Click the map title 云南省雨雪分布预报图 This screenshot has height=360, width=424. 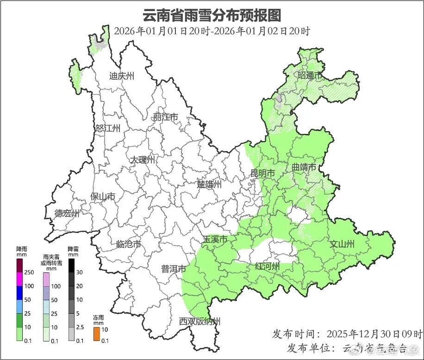coord(212,15)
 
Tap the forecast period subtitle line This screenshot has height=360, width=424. coord(212,31)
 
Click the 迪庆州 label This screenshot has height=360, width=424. coord(122,76)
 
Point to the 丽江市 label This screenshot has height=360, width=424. coord(166,118)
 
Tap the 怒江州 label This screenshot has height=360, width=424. coord(108,128)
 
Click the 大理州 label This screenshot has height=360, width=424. coord(143,160)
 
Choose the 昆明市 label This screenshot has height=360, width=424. coord(262,173)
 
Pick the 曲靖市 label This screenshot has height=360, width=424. coord(304,167)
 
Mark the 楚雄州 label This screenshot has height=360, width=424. coord(209,184)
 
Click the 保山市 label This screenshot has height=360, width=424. coord(103,197)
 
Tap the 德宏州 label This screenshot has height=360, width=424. coord(67,214)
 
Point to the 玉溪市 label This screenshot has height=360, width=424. coord(215,240)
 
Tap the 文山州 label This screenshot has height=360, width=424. coord(342,244)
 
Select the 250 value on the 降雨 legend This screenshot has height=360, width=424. coord(29,272)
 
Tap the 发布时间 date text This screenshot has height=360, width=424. coord(374,334)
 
